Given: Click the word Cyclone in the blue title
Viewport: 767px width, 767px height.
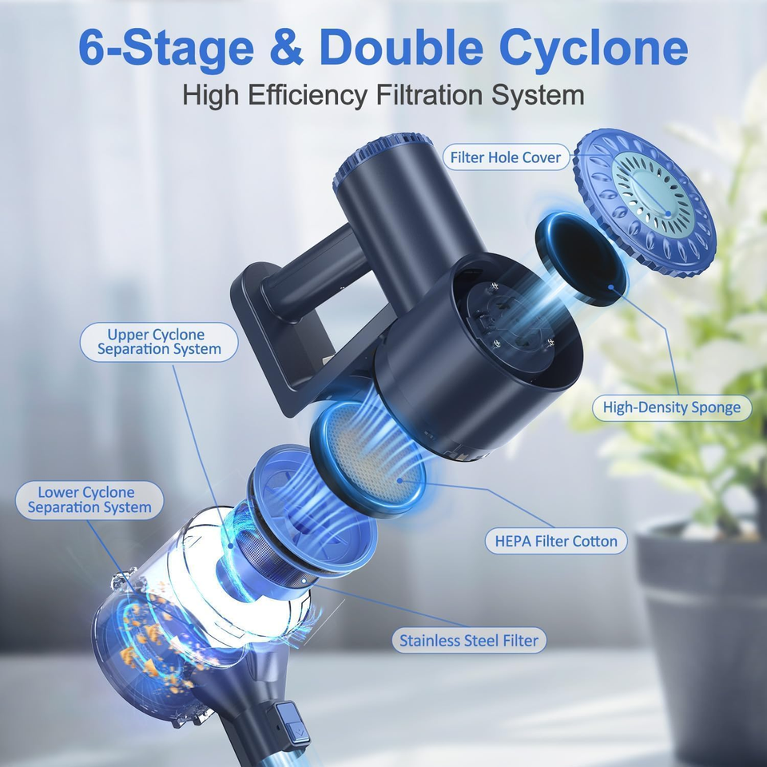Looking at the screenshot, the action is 594,48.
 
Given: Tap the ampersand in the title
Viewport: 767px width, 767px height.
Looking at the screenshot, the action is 287,47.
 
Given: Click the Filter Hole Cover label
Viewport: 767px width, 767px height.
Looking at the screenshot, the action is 505,157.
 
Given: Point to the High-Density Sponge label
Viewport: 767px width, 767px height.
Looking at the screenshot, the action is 672,407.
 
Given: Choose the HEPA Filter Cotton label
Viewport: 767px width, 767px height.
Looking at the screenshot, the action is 556,541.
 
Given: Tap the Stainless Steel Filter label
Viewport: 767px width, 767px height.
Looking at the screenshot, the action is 469,640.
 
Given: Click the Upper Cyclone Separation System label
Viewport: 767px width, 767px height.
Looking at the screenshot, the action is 159,342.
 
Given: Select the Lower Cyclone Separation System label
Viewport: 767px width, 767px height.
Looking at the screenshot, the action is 89,499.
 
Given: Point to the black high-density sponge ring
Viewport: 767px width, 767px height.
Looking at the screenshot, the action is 580,258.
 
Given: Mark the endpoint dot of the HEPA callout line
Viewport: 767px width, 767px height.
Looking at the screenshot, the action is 400,480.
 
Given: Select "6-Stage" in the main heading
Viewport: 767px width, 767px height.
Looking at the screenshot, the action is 166,48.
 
